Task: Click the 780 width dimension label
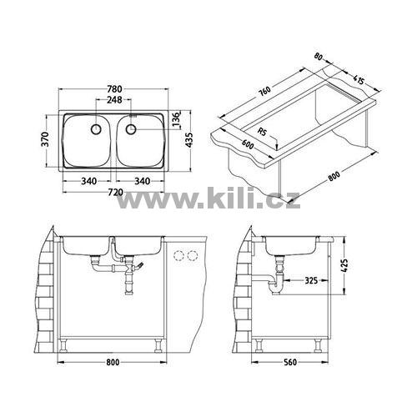tap(114, 89)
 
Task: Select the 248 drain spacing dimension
tap(114, 99)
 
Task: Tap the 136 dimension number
tap(176, 119)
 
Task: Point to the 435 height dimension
tap(188, 140)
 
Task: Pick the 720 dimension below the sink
tap(115, 192)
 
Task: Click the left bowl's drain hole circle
tap(96, 129)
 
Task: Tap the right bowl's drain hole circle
tap(131, 129)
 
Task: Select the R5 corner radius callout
tap(262, 131)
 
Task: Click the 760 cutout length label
tap(264, 92)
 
